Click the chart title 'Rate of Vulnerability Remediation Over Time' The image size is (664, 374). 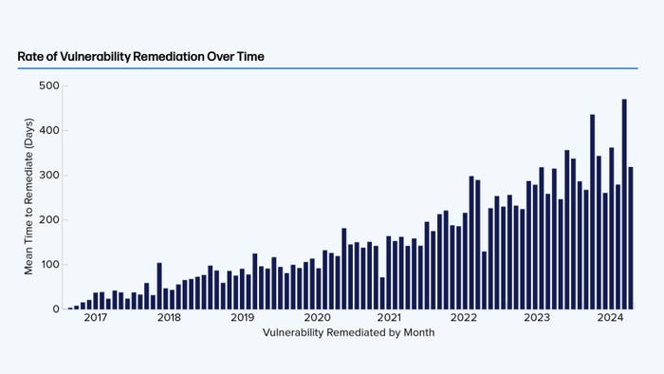140,57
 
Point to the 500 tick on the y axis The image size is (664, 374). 48,85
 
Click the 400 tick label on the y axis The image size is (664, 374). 48,130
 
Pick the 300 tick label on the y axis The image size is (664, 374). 48,175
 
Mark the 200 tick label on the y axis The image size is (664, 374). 48,219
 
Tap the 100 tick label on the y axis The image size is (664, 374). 48,264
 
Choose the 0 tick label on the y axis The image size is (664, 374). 54,309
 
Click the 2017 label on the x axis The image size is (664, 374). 95,318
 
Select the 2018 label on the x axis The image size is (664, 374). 169,318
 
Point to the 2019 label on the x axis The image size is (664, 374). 243,318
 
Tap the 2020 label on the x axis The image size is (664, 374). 317,318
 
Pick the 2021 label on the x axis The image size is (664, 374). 390,318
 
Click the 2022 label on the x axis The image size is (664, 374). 464,318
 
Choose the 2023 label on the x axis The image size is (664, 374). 537,318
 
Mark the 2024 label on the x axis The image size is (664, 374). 611,318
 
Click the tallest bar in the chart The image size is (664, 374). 624,204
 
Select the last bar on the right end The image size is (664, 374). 631,238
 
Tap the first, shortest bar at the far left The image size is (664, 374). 70,308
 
